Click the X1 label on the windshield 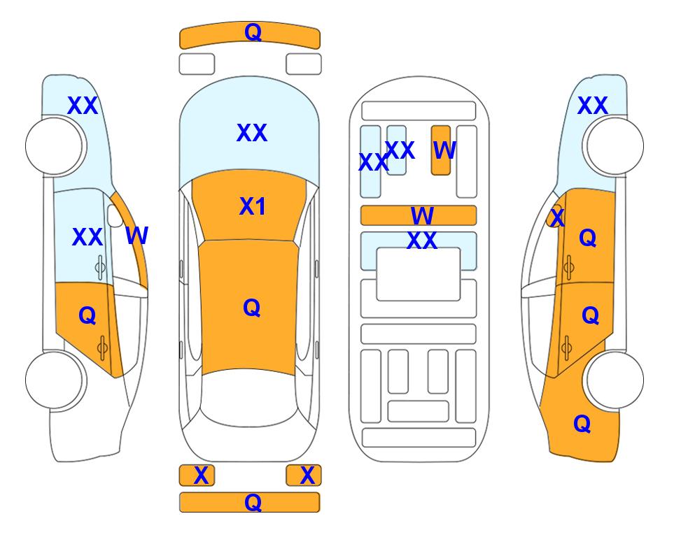253,206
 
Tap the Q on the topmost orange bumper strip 253,32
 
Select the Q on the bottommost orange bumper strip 253,502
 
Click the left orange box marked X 197,475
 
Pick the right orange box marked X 304,475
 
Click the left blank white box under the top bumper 197,64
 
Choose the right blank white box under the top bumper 304,64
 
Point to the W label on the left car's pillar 137,236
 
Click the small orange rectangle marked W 441,150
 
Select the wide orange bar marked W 419,215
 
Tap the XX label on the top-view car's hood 252,133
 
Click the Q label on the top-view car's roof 252,308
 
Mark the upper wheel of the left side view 56,146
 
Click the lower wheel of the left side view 56,380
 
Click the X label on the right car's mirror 557,217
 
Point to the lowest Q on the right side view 582,424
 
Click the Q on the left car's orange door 87,316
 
